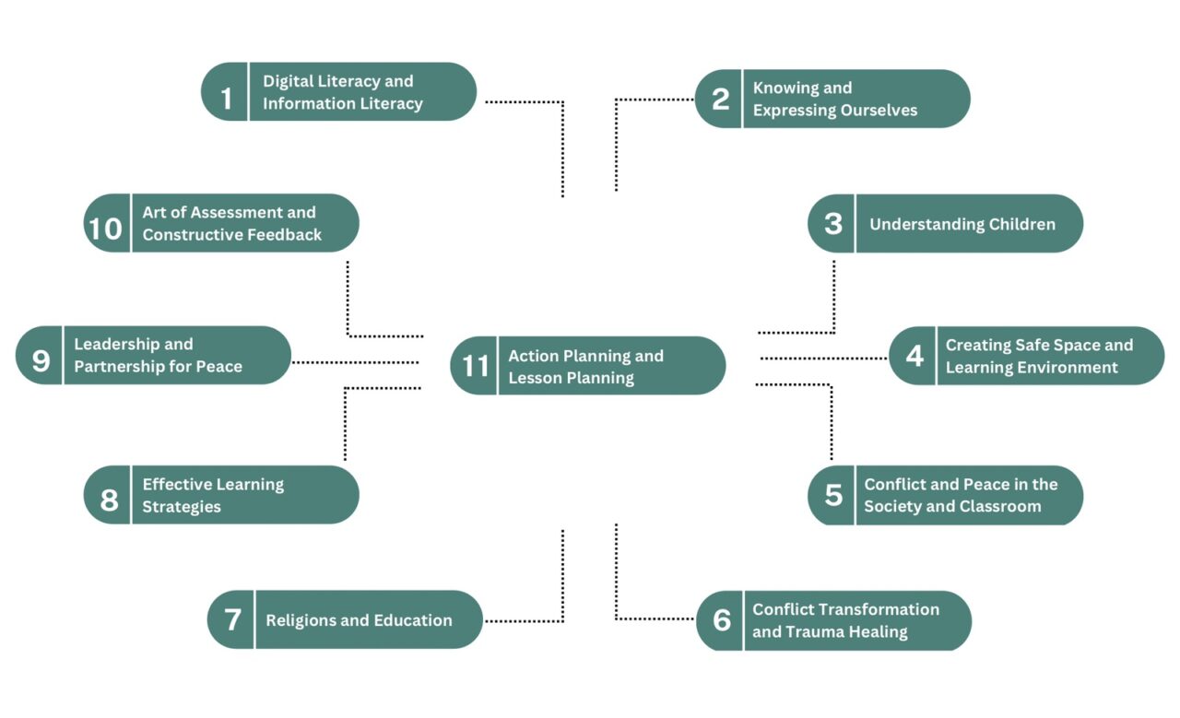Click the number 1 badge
[226, 92]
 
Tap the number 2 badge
[720, 100]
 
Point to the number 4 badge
[914, 356]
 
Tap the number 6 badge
[721, 620]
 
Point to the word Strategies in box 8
[182, 507]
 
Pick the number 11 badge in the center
[475, 366]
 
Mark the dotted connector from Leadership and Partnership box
[355, 362]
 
